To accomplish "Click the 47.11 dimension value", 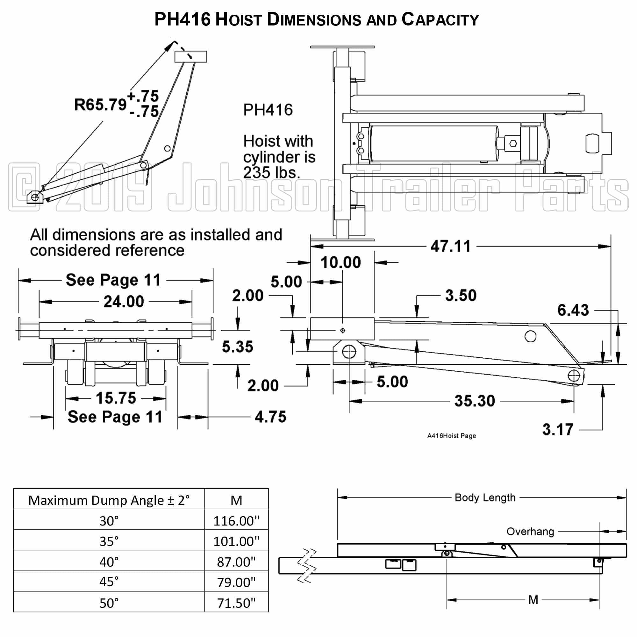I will click(x=450, y=246).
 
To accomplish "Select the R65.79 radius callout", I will click(x=100, y=104).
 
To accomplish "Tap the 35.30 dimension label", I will click(x=475, y=401).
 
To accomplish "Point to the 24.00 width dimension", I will click(x=124, y=301).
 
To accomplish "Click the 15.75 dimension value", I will click(x=116, y=398).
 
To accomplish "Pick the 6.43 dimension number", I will click(x=573, y=310).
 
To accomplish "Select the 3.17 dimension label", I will click(x=558, y=430).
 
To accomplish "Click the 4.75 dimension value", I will click(x=270, y=417).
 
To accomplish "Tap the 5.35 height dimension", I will click(x=237, y=347).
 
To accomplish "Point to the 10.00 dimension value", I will click(x=340, y=262).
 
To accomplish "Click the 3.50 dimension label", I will click(x=461, y=296).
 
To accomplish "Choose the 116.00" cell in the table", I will click(x=236, y=521).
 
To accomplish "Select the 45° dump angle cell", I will click(x=109, y=582).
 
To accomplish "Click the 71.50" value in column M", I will click(x=236, y=603).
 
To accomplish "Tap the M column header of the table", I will click(x=236, y=500).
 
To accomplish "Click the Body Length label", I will click(x=485, y=497).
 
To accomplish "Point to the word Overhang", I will click(x=530, y=532).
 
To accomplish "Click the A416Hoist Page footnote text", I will click(x=451, y=436).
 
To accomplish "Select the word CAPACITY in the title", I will click(x=440, y=20).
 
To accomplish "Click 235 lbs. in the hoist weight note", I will click(x=271, y=172).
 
